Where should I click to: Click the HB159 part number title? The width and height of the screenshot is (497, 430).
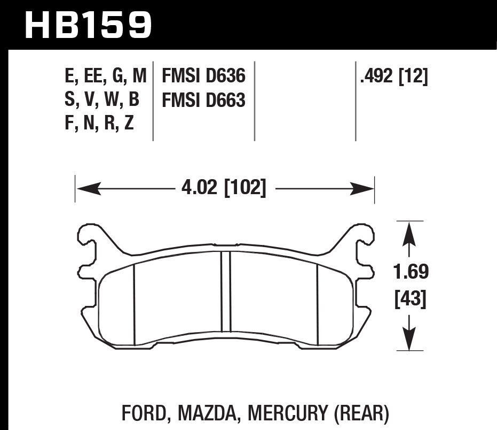point(89,25)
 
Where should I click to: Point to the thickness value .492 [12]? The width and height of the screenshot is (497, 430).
point(394,76)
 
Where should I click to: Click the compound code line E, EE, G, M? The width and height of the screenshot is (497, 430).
point(104,76)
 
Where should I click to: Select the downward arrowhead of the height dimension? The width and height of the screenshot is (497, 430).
point(409,339)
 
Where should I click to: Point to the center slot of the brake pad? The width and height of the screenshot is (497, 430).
point(225,291)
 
